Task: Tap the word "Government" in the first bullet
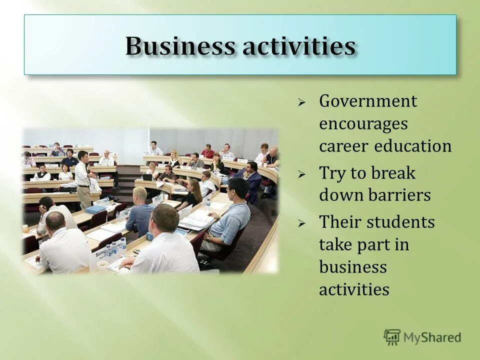368,102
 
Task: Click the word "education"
414,146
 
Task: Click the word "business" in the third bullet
353,267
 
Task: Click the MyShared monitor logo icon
392,336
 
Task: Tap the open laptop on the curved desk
147,176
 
